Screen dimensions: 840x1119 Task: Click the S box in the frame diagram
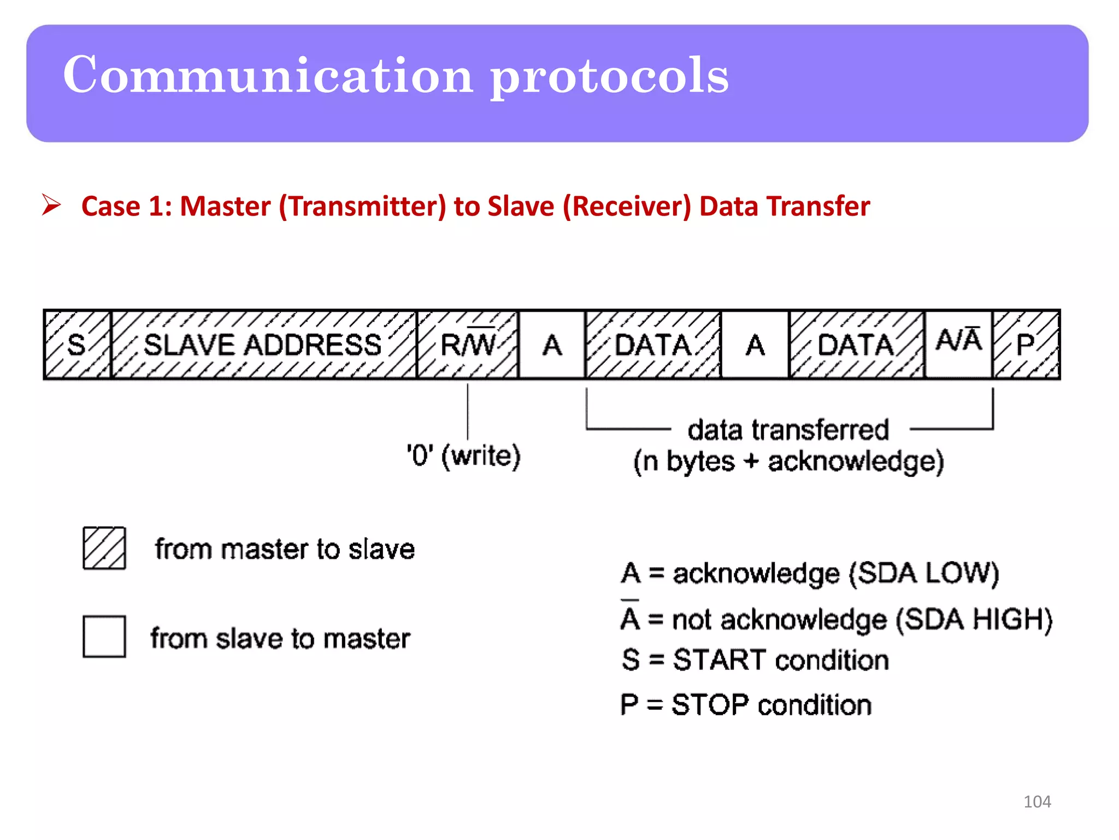[x=77, y=345]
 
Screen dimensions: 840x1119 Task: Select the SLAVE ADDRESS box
[x=263, y=345]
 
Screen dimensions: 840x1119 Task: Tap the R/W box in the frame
[x=467, y=345]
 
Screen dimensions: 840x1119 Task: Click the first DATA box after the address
[x=653, y=345]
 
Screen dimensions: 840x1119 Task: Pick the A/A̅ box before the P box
[x=958, y=344]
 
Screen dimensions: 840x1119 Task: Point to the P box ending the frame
[x=1026, y=345]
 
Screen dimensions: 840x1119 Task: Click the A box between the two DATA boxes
[x=755, y=345]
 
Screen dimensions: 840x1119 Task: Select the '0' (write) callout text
[x=464, y=456]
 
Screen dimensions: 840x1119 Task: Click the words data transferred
[x=788, y=430]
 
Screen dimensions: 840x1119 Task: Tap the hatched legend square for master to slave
[x=104, y=548]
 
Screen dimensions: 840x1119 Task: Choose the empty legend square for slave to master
[x=104, y=637]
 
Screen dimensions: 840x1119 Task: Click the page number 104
[x=1036, y=802]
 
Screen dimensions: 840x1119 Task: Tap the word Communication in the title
[x=268, y=75]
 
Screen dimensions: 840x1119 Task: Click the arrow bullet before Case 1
[x=51, y=206]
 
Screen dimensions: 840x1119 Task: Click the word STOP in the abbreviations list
[x=709, y=705]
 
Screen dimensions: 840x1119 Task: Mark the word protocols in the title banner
[x=609, y=77]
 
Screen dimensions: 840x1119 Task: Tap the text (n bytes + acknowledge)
[x=788, y=462]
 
